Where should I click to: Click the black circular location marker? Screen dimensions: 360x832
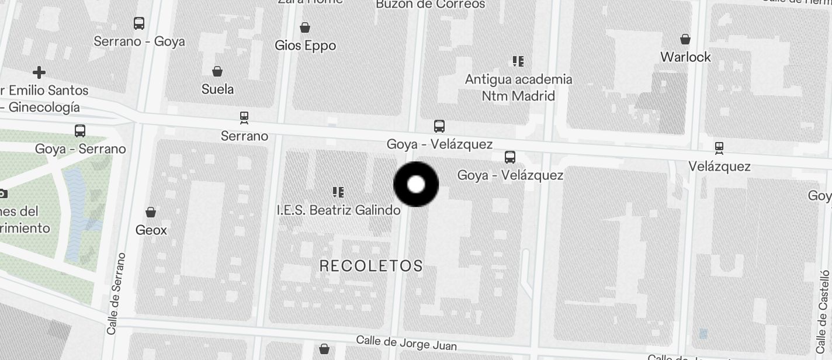(416, 185)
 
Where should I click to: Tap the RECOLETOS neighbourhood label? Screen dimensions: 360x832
(371, 266)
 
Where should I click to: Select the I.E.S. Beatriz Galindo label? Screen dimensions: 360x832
(338, 210)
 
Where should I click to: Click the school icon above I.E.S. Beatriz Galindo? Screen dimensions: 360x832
(338, 192)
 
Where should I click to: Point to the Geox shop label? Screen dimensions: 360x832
(151, 230)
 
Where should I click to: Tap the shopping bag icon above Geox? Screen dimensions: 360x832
(151, 212)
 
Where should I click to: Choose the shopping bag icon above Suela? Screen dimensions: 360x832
(217, 71)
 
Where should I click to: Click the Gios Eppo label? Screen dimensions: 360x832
(306, 46)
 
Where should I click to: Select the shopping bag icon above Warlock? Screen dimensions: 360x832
(685, 39)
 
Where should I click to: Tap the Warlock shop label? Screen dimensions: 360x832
(685, 57)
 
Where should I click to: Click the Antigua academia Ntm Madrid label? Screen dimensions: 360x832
(518, 87)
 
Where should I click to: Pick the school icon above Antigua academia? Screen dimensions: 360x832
(518, 61)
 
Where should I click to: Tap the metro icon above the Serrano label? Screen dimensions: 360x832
(244, 118)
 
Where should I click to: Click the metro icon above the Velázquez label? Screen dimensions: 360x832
(719, 148)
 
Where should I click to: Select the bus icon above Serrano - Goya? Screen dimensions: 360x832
(139, 23)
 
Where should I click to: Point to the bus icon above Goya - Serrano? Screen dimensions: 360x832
(80, 131)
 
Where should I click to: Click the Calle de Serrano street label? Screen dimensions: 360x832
(115, 293)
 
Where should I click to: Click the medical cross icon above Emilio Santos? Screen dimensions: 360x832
(39, 72)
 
